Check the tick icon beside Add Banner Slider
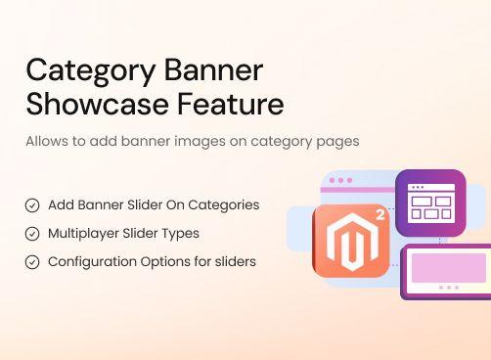click(x=32, y=205)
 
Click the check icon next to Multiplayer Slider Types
click(x=32, y=234)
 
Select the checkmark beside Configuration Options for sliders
click(x=32, y=262)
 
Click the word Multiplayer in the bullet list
click(x=85, y=234)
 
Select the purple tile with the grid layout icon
click(x=430, y=203)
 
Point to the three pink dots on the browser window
click(x=340, y=181)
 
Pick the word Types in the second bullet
click(x=180, y=234)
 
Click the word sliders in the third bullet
click(x=235, y=262)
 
